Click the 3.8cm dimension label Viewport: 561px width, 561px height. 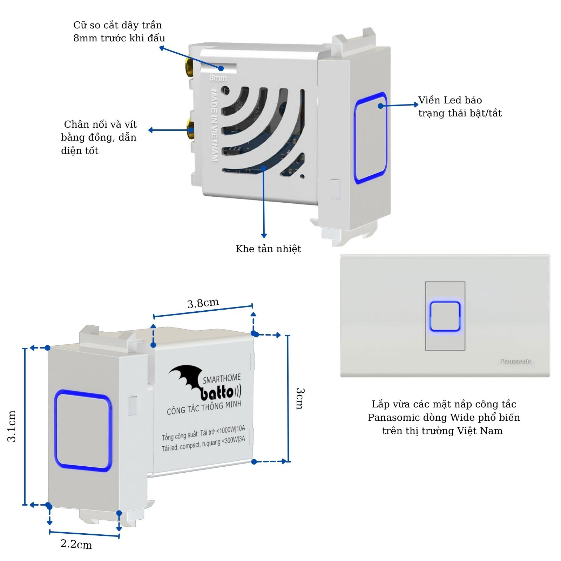[x=203, y=303]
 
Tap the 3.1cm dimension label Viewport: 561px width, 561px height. [x=12, y=426]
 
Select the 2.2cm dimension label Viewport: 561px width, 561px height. [x=76, y=544]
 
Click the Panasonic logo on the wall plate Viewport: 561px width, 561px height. [x=515, y=361]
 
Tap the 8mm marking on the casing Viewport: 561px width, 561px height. [x=218, y=78]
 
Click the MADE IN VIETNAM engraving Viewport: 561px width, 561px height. [x=214, y=125]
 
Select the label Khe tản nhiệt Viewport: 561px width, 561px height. [x=268, y=249]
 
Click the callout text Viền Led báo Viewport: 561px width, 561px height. [x=450, y=100]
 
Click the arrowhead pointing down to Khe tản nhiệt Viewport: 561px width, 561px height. [x=264, y=236]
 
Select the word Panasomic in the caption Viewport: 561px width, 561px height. [x=390, y=418]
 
